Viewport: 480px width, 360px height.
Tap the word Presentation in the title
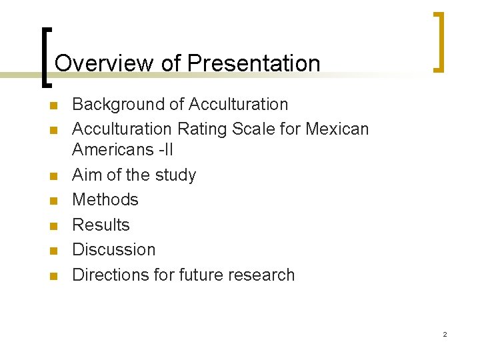click(x=254, y=64)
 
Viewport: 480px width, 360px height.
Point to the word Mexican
click(x=337, y=128)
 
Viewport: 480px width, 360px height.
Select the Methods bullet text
click(x=105, y=200)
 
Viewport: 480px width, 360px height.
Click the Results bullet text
click(x=101, y=225)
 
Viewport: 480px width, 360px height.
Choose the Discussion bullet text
click(x=113, y=250)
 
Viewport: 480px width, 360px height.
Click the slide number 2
click(x=445, y=334)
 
